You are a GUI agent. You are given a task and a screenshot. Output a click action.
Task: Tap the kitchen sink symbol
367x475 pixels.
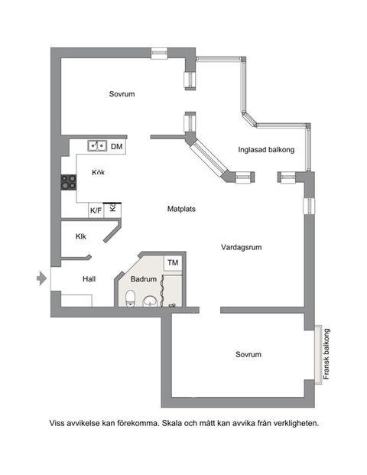click(x=97, y=145)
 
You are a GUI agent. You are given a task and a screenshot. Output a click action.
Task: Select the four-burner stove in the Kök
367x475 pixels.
click(x=69, y=182)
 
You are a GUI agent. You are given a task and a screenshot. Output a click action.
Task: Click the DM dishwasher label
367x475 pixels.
click(x=117, y=146)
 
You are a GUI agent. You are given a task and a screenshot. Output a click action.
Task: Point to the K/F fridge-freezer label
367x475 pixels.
click(x=96, y=210)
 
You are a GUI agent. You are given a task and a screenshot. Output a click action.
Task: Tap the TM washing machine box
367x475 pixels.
click(x=173, y=262)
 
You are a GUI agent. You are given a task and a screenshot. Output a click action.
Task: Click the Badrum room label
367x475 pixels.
click(x=143, y=280)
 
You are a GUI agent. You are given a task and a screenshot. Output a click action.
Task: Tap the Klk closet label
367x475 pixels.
click(x=80, y=236)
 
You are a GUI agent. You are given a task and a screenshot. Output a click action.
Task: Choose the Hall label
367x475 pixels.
click(x=89, y=280)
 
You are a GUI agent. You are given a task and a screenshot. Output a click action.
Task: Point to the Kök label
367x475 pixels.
click(x=99, y=172)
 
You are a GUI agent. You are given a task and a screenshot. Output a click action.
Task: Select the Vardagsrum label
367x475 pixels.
click(x=242, y=248)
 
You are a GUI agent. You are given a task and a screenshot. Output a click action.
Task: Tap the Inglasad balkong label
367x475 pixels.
click(x=266, y=150)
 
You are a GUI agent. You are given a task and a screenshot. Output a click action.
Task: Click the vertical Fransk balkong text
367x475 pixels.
click(x=326, y=353)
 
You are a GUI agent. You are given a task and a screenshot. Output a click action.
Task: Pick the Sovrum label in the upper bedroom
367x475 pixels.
click(x=122, y=94)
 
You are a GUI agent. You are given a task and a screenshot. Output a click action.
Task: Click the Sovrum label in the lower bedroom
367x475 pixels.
click(x=248, y=355)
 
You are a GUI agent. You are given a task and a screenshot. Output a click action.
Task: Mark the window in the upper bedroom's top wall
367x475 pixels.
click(x=159, y=53)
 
